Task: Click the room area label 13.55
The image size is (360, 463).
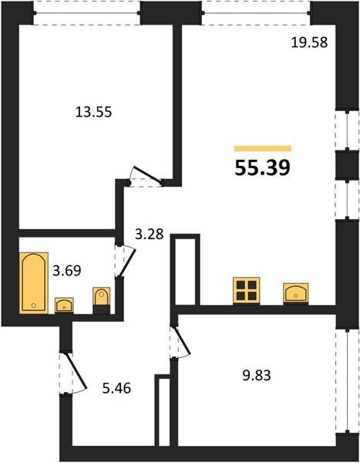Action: (94, 112)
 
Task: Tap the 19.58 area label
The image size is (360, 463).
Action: (309, 42)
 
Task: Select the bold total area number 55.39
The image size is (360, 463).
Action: (263, 167)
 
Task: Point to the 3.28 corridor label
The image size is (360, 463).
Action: (150, 235)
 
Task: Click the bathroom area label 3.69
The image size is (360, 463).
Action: (67, 271)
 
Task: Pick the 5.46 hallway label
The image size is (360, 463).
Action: (116, 388)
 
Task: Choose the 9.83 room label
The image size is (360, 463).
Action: (257, 376)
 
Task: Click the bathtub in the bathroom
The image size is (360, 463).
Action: (34, 282)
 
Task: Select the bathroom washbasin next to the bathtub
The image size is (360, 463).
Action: (64, 305)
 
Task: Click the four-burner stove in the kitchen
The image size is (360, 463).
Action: (247, 291)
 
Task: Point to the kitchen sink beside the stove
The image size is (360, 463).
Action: (296, 293)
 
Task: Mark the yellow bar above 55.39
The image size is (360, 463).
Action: (263, 148)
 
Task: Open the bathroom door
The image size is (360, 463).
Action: (125, 261)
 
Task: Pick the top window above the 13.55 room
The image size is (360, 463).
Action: (87, 13)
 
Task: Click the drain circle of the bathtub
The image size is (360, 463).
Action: (34, 306)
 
